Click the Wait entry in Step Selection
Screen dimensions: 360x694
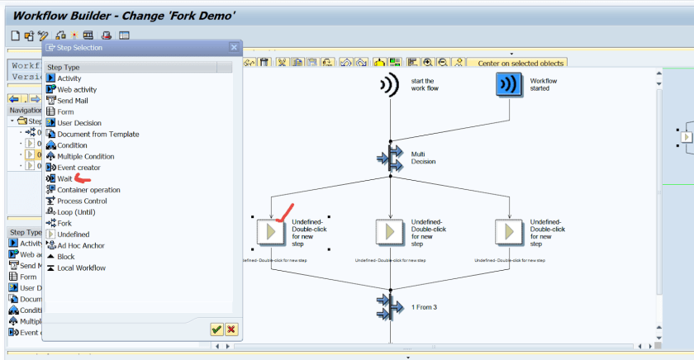[64, 178]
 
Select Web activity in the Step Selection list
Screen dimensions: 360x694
[76, 89]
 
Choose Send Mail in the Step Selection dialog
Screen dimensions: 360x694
[74, 101]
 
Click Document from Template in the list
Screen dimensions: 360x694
[97, 134]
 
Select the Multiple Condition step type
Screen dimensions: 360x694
[85, 156]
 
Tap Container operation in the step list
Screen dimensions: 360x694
[90, 189]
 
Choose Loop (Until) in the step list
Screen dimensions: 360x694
[79, 211]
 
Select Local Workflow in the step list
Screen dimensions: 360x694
[81, 268]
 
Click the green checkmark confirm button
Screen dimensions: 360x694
[216, 329]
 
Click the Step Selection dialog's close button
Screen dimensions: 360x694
[235, 48]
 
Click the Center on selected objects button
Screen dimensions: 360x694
[516, 63]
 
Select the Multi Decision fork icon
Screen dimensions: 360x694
[391, 157]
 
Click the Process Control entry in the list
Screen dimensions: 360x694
[82, 201]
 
